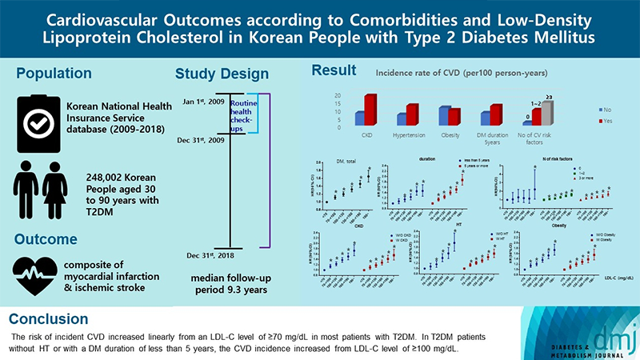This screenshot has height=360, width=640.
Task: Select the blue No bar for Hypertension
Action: tap(402, 119)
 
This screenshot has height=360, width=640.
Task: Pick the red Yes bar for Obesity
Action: tap(454, 117)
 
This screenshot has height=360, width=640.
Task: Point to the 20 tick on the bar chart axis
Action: tap(337, 96)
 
